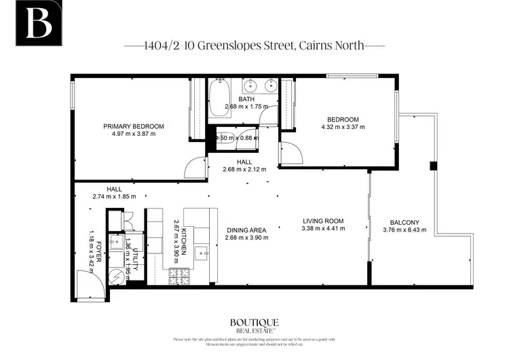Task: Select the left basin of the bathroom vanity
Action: click(251, 86)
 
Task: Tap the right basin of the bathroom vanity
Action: click(271, 86)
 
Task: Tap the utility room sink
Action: click(117, 241)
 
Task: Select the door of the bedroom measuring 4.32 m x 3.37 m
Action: click(290, 153)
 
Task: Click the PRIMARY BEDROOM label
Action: click(134, 126)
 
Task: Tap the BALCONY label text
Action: click(404, 223)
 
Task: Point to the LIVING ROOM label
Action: click(322, 221)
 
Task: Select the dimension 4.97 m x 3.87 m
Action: click(134, 134)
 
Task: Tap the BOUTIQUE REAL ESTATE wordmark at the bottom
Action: click(254, 325)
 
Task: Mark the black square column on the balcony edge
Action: click(432, 166)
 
